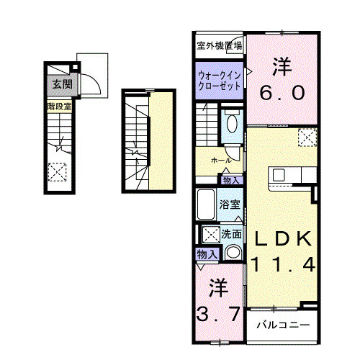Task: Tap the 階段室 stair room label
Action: click(x=59, y=106)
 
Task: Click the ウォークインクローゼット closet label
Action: click(x=220, y=78)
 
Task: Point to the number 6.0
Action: click(x=282, y=93)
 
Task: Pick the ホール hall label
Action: click(x=220, y=159)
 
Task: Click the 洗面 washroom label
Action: click(x=231, y=233)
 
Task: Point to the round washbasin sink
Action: click(x=232, y=253)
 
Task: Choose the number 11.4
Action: click(x=282, y=265)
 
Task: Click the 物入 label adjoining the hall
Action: click(x=231, y=180)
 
